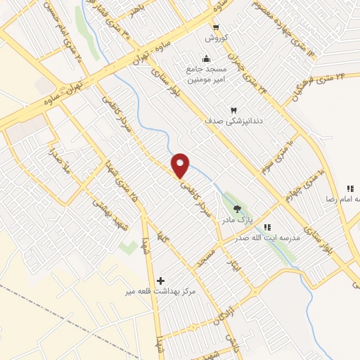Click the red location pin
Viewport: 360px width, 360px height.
pos(181,165)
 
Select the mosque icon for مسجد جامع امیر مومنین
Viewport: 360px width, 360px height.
pos(205,59)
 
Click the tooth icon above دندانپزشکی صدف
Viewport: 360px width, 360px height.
pos(233,110)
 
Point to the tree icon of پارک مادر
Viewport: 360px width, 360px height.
pos(236,208)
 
